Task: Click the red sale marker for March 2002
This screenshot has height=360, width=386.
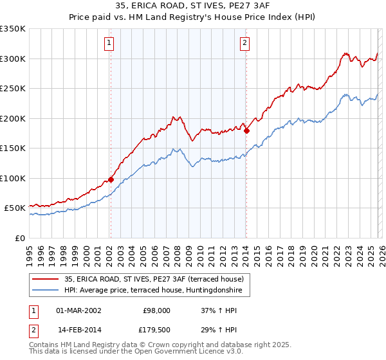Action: [x=111, y=179]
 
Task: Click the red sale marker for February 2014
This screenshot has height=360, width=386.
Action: [x=246, y=130]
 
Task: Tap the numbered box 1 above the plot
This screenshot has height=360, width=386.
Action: [x=109, y=44]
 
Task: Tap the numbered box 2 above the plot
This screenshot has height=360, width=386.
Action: [x=245, y=44]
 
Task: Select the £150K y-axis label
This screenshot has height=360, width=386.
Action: [x=13, y=148]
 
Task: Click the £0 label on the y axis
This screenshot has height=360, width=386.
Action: [x=19, y=238]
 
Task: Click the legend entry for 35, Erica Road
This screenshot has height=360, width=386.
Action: [x=154, y=279]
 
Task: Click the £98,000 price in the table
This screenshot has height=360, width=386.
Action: [x=156, y=310]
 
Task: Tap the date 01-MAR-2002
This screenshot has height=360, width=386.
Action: [x=78, y=310]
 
